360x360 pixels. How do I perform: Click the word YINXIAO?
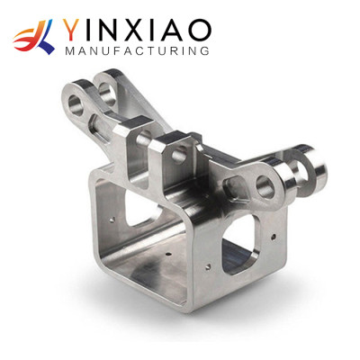pyautogui.click(x=135, y=30)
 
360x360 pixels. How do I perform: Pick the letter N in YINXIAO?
pyautogui.click(x=109, y=30)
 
